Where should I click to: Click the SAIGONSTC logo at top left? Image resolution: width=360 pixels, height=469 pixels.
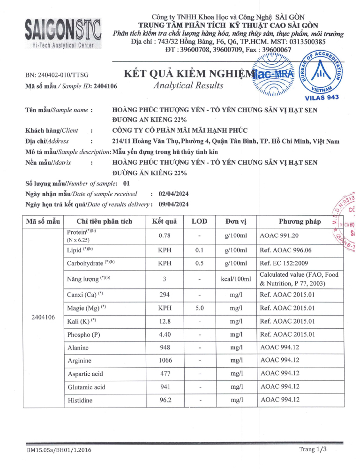pos(62,32)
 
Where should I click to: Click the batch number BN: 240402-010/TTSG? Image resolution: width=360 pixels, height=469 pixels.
pos(57,75)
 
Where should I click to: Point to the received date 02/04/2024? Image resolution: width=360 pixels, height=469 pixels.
pos(174,193)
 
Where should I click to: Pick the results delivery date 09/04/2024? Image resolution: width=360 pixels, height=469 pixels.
pos(174,204)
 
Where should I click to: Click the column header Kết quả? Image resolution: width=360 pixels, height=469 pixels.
pos(164,221)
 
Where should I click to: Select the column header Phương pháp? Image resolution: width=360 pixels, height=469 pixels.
pos(300,221)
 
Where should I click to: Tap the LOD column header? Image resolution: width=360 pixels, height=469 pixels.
pos(199,221)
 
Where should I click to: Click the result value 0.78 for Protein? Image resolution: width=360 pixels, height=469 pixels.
pos(164,235)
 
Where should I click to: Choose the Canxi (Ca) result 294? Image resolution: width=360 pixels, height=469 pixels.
pos(164,295)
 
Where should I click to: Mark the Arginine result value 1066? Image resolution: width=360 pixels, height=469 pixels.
pos(164,360)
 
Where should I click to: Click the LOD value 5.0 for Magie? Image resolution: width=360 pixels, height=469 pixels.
pos(199,308)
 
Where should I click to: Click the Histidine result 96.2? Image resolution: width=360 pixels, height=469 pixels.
pos(164,400)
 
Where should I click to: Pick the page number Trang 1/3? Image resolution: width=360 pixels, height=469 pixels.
pos(313,449)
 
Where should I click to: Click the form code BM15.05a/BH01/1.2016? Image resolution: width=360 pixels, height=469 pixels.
pos(59,451)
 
